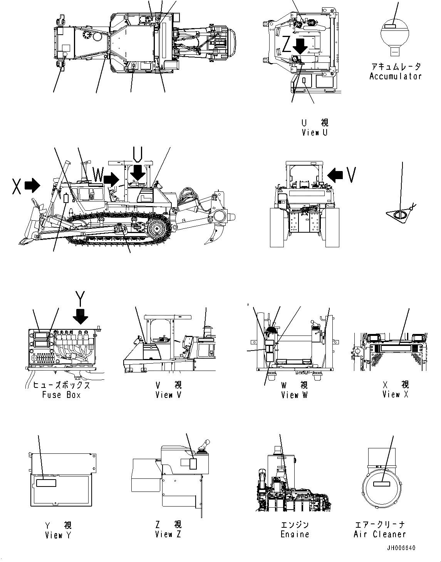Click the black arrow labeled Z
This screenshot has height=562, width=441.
pyautogui.click(x=300, y=46)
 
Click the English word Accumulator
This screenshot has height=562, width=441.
pyautogui.click(x=395, y=76)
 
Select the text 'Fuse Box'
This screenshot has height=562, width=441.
pyautogui.click(x=62, y=395)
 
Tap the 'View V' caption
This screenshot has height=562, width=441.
pyautogui.click(x=168, y=395)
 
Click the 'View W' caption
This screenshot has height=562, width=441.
pyautogui.click(x=294, y=395)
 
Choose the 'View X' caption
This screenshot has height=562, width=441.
pyautogui.click(x=396, y=394)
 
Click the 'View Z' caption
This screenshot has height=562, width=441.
pyautogui.click(x=168, y=534)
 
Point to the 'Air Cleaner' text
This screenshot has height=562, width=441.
pyautogui.click(x=380, y=534)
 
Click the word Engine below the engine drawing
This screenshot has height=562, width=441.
pyautogui.click(x=295, y=534)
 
